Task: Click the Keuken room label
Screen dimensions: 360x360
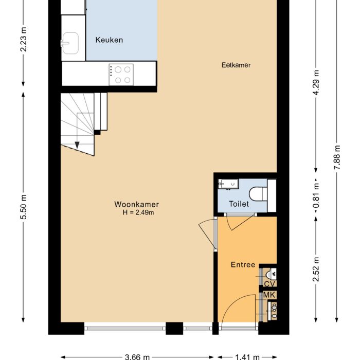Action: point(109,40)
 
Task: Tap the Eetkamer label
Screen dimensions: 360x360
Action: point(236,65)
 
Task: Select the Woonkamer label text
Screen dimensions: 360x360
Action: point(136,204)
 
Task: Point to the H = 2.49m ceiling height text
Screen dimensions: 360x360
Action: point(136,212)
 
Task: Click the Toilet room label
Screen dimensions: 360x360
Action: point(239,204)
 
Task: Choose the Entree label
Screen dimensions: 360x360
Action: point(243,265)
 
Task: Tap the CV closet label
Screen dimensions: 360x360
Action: point(269,284)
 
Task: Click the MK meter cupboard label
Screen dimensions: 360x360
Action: point(269,295)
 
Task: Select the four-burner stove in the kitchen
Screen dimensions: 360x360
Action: point(122,74)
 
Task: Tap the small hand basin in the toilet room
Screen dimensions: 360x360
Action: point(227,184)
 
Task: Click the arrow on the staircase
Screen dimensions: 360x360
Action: point(77,143)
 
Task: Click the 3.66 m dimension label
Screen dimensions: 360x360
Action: point(137,356)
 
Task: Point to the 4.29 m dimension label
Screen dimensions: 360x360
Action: point(316,82)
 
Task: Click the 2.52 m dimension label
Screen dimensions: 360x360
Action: point(316,269)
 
